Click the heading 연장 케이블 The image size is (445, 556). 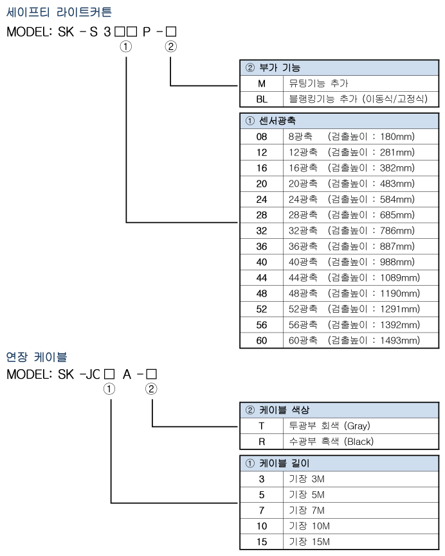37,356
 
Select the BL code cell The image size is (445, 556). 261,98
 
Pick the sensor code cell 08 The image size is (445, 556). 261,136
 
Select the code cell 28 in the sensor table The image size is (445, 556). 261,214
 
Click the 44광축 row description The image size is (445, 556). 354,277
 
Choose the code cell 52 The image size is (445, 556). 261,309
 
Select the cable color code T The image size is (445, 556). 261,426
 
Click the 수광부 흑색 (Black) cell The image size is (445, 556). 331,441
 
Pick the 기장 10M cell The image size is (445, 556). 307,526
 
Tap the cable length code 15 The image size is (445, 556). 261,541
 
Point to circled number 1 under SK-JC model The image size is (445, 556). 111,388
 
